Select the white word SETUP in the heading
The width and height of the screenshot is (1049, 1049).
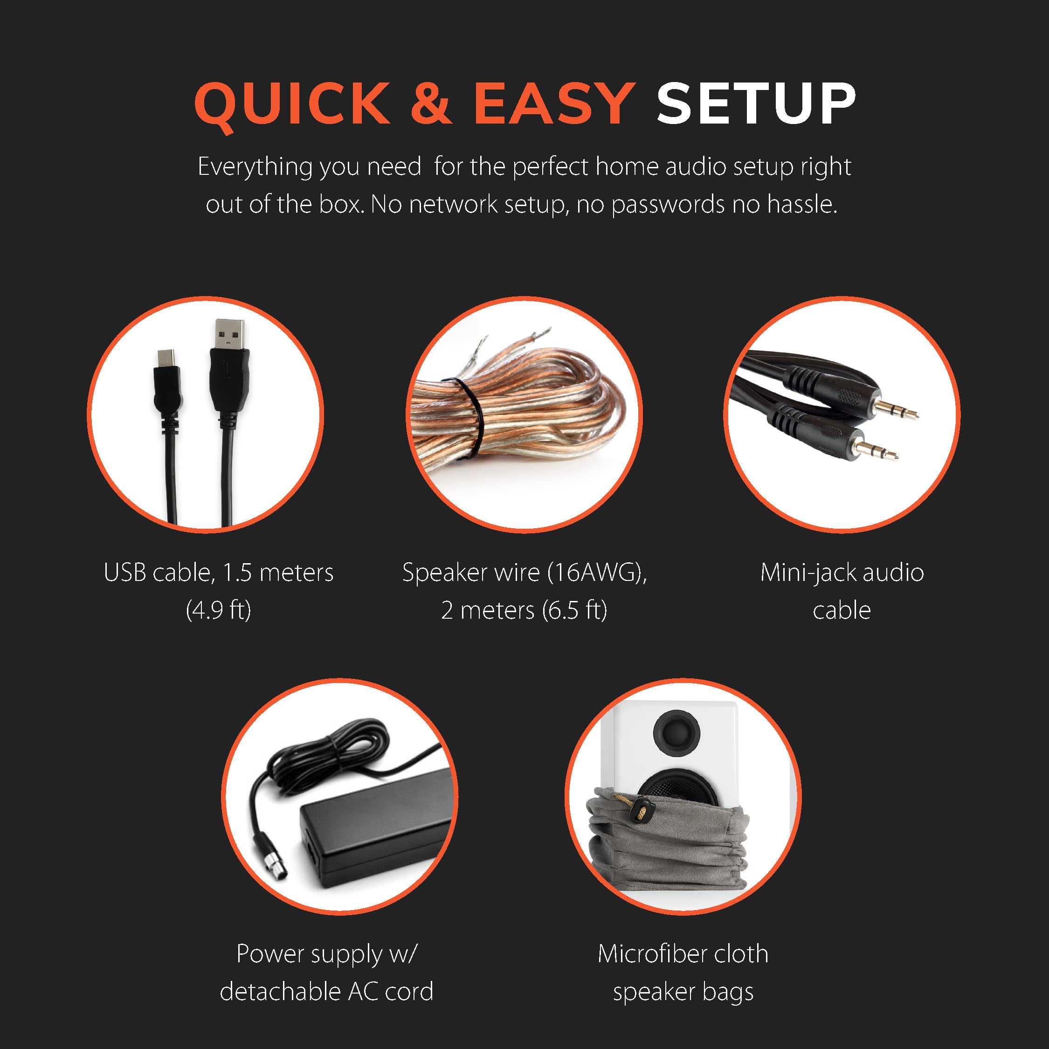click(756, 103)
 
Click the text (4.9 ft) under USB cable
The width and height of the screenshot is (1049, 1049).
click(218, 611)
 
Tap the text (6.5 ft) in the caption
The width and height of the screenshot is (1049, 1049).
click(574, 611)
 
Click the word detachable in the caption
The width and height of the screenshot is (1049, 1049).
click(280, 992)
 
